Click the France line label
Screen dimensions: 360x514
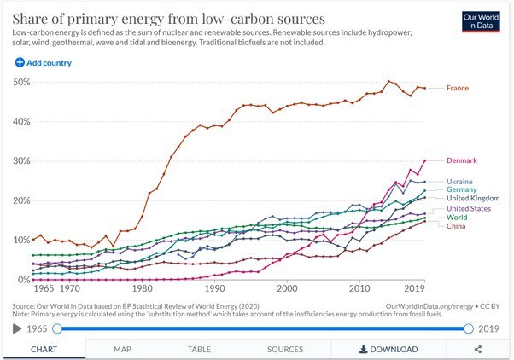click(457, 88)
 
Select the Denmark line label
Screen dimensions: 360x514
click(461, 160)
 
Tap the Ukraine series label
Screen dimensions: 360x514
click(459, 182)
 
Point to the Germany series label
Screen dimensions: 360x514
click(461, 189)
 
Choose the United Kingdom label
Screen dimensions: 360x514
click(472, 198)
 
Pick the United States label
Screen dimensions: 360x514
click(469, 209)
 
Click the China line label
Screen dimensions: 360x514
click(456, 225)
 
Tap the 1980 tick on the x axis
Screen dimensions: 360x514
click(142, 289)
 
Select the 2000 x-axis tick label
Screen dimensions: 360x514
click(287, 289)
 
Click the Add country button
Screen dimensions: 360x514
click(43, 62)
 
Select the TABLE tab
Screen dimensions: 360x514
click(199, 349)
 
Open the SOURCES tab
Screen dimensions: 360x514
click(284, 349)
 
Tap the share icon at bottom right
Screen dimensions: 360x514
click(478, 349)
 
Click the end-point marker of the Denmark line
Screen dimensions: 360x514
click(425, 160)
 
